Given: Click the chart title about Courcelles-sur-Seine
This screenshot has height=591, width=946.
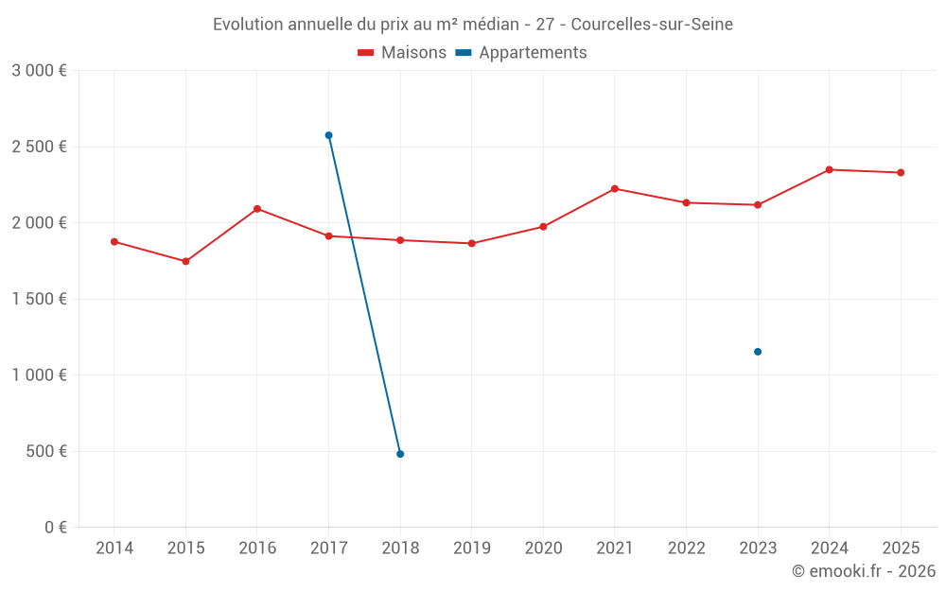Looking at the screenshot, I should (472, 24).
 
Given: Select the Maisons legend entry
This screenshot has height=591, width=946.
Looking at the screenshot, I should (402, 53).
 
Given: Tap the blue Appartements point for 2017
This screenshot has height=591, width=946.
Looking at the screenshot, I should (328, 135).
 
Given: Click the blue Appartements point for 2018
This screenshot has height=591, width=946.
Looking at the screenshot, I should (400, 454).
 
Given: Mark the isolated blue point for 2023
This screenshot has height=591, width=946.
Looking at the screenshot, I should (758, 352).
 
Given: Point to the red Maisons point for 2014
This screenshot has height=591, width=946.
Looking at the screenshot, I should (114, 241).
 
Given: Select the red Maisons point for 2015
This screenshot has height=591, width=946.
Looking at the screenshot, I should (185, 261).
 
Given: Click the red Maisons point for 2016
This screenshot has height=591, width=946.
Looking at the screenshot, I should (257, 209).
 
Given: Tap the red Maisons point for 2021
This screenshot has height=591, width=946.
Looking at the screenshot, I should (615, 189).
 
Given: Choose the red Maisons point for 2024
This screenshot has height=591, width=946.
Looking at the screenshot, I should (830, 169).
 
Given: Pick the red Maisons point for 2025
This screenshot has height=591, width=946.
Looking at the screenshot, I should (901, 172).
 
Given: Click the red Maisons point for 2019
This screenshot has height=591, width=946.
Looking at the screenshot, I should (472, 243).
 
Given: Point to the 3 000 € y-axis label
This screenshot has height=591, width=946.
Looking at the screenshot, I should (39, 71).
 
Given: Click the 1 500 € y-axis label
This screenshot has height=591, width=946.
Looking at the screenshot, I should (39, 299).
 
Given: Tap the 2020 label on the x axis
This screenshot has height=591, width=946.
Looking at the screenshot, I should (543, 548).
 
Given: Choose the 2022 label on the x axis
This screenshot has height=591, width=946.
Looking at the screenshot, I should (686, 548).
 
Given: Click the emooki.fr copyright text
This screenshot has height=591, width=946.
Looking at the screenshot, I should (864, 571).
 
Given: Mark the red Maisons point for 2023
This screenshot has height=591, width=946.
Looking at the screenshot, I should (758, 204).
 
